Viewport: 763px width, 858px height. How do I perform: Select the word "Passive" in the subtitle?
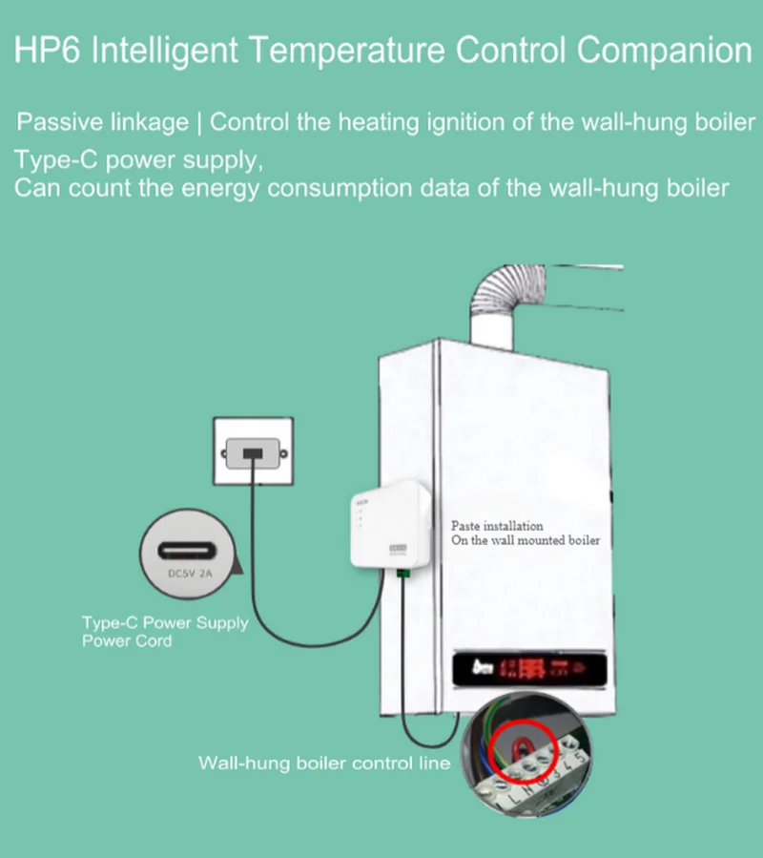pyautogui.click(x=59, y=123)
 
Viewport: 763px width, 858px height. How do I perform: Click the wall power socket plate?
pyautogui.click(x=253, y=451)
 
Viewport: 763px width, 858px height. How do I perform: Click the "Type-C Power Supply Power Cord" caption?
pyautogui.click(x=164, y=632)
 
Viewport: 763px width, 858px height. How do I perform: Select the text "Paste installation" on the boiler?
pyautogui.click(x=497, y=526)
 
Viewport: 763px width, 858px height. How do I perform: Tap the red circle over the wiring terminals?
pyautogui.click(x=522, y=745)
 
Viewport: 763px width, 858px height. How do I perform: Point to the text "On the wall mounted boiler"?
pyautogui.click(x=526, y=540)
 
